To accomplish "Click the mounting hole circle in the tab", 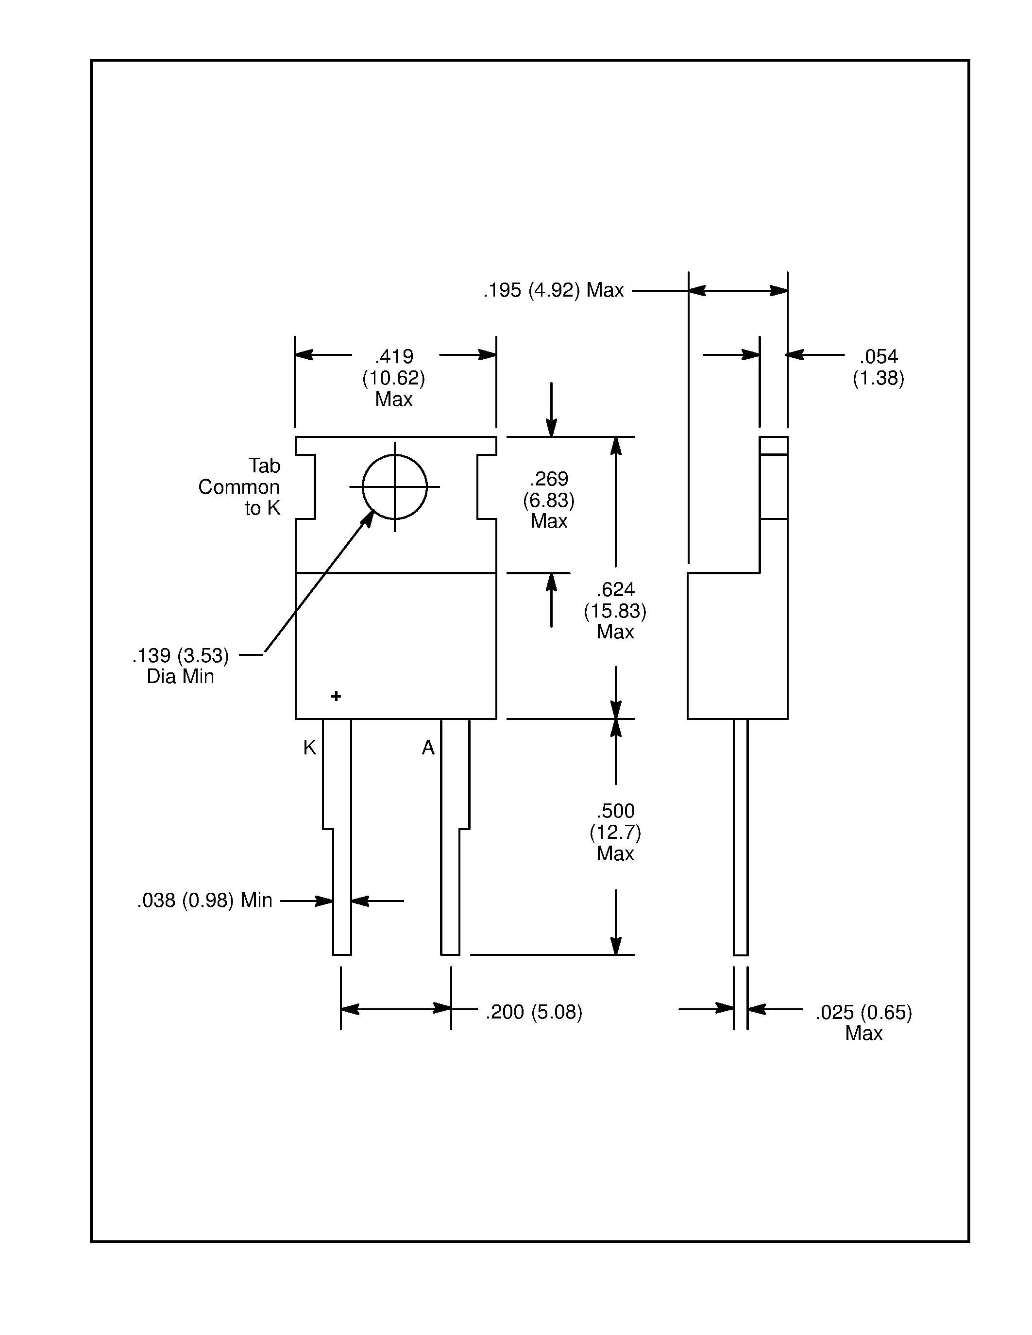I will point(394,486).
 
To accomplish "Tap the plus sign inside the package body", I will point(336,696).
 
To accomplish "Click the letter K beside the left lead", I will point(309,748).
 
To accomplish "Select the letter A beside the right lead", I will point(428,748).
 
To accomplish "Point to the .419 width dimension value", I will point(394,356).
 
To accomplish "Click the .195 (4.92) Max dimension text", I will point(553,290).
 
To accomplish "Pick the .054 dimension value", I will point(879,356).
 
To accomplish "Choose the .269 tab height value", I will point(549,479).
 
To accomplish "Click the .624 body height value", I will point(615,590).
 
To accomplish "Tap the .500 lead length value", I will point(615,811).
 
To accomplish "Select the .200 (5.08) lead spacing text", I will point(534,1012).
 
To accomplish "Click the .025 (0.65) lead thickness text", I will point(863,1013).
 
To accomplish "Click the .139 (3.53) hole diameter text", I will point(180,656).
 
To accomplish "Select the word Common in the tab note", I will point(238,487).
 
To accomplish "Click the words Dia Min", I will point(180,677).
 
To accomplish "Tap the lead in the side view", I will point(741,837).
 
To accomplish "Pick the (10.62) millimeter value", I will point(394,378).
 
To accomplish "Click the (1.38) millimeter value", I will point(879,378).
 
